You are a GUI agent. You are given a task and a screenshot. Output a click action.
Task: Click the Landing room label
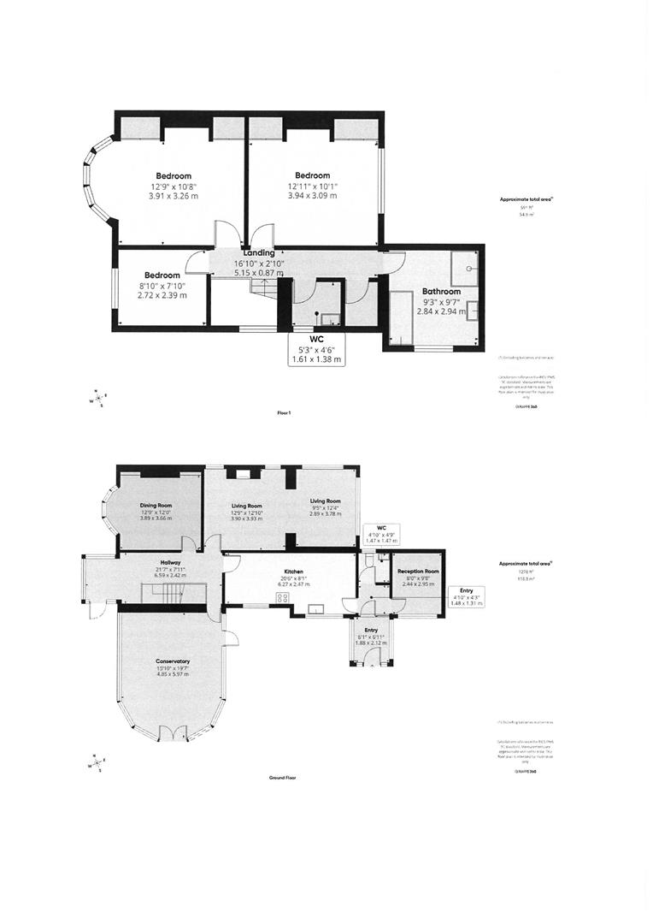[258, 253]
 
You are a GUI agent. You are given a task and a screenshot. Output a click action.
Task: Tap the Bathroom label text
[441, 292]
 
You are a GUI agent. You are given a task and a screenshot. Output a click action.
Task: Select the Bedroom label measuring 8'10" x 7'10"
[162, 275]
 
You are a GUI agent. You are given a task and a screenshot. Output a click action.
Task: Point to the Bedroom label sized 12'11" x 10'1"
[312, 175]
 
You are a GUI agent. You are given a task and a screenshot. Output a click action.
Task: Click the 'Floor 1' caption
[284, 413]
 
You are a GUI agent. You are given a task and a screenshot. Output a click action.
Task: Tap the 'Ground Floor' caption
[282, 779]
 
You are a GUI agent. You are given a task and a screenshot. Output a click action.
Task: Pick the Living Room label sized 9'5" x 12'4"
[325, 500]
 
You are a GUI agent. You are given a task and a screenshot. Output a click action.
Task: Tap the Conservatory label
[173, 661]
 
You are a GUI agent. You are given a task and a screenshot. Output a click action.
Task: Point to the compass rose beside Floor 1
[100, 397]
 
